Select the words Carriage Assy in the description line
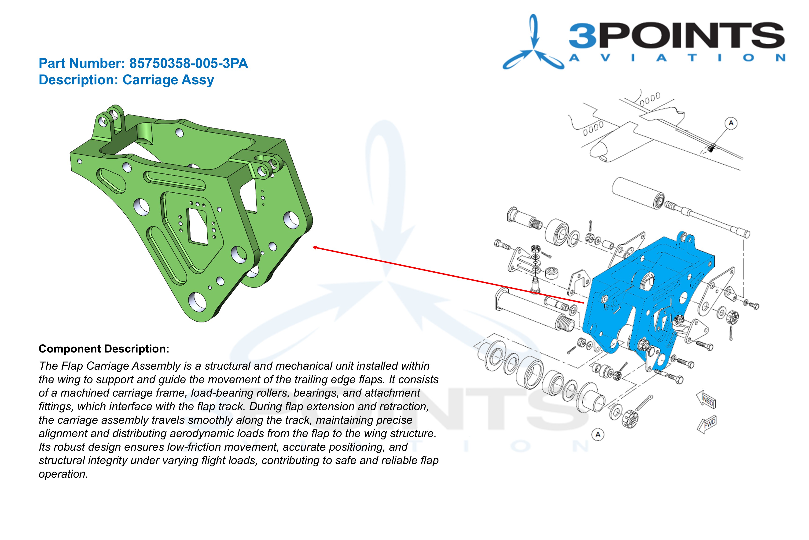[x=168, y=80]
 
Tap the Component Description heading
[x=104, y=349]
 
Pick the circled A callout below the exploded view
[x=598, y=434]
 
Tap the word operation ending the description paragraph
[x=63, y=474]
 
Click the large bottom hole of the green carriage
[x=197, y=300]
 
